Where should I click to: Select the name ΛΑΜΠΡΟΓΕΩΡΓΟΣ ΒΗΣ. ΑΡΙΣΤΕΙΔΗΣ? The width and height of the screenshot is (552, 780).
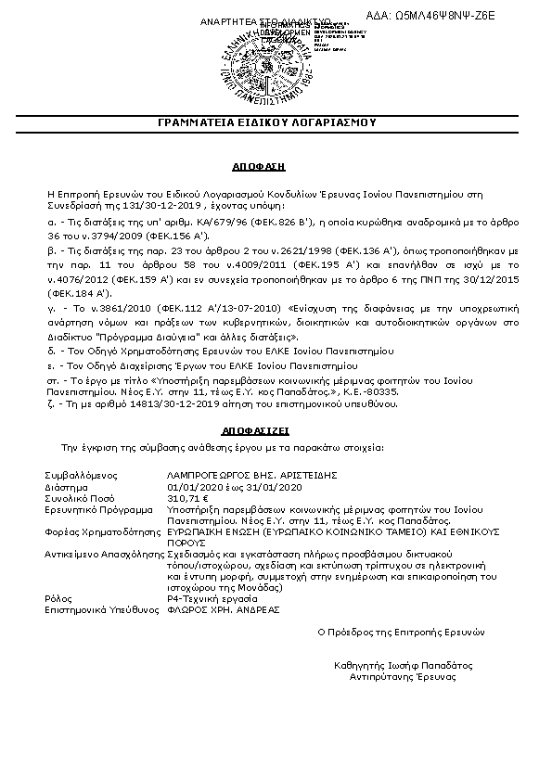tap(237, 474)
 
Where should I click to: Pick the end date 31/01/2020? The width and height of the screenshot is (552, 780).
tap(276, 486)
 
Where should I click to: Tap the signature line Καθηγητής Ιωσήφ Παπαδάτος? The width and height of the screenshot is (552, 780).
tap(403, 665)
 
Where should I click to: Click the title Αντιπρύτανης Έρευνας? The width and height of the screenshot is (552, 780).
tap(403, 676)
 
